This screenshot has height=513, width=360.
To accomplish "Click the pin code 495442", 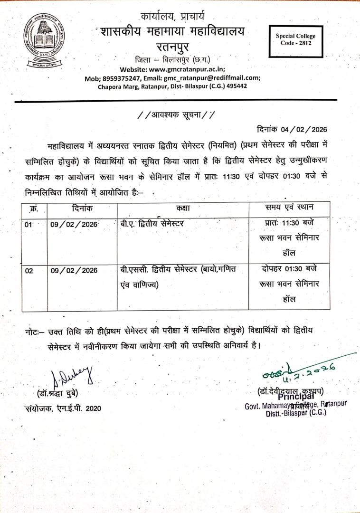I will tap(234, 86).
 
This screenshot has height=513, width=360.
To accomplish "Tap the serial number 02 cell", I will tap(30, 270).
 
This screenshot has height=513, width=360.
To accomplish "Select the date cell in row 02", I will tap(74, 270).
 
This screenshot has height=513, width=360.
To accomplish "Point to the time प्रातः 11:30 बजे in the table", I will tap(289, 223).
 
